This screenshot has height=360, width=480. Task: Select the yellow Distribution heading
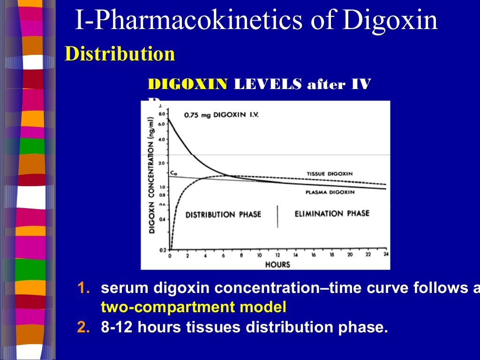120,54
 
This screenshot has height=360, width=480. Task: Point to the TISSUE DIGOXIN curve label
330,173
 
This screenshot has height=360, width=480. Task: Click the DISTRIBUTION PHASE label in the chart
223,215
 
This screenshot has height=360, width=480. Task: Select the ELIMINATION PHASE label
332,214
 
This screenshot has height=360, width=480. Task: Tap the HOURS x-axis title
277,264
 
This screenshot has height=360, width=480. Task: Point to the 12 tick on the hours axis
277,255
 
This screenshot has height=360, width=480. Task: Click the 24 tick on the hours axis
386,255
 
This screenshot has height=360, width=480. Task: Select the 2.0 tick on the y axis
162,163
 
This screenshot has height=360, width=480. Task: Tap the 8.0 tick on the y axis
162,114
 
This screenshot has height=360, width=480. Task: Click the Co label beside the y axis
173,173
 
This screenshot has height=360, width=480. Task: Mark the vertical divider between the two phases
277,216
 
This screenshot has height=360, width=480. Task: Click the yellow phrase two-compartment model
193,307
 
